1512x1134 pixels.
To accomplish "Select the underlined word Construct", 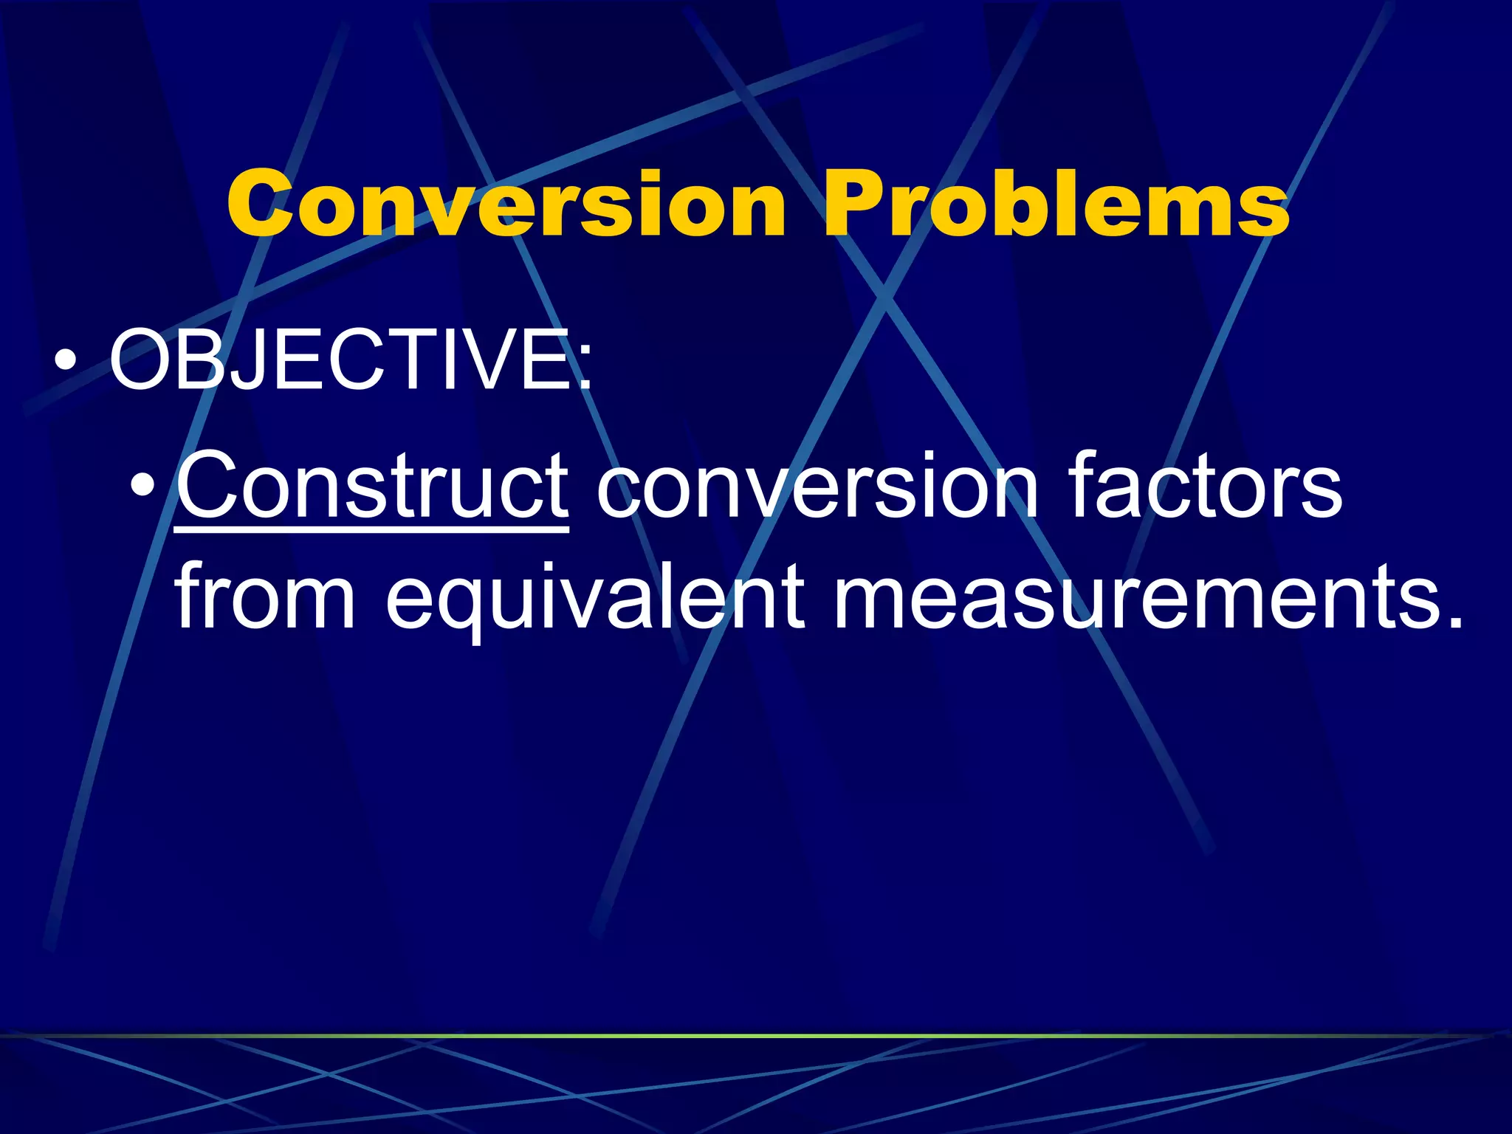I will (373, 486).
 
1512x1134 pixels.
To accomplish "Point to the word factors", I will (1205, 486).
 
